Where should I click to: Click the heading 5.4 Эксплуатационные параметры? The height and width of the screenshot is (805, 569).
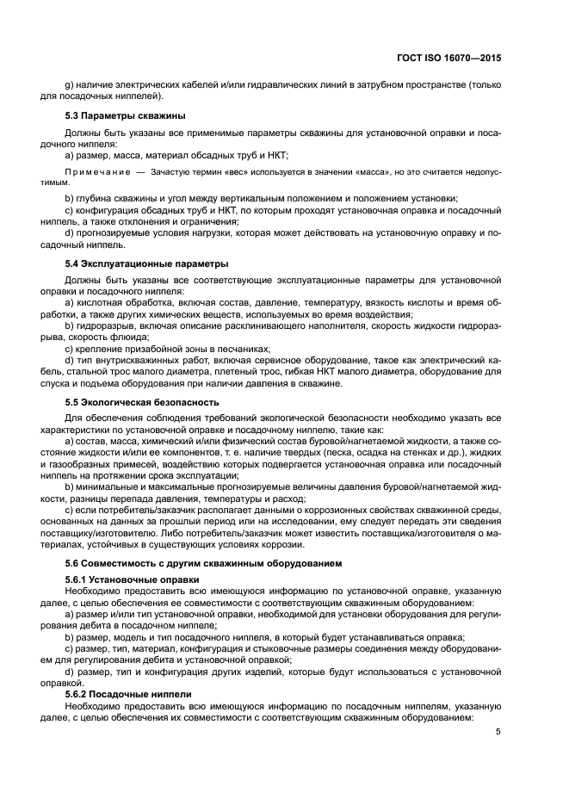pyautogui.click(x=147, y=263)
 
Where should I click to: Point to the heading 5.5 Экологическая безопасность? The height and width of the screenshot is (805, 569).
pyautogui.click(x=145, y=402)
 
